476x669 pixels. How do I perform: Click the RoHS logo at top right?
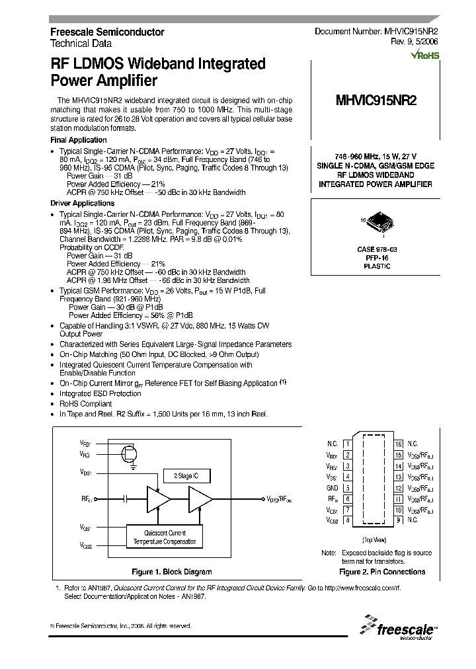tap(424, 56)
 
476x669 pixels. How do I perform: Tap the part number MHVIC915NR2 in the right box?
tap(376, 101)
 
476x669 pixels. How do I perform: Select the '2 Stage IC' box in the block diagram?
tap(190, 475)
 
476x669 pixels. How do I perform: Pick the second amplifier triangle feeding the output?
tap(200, 498)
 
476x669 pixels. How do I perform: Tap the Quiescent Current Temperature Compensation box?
tap(165, 537)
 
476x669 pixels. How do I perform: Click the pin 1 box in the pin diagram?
tap(348, 444)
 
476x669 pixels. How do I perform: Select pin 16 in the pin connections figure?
tap(399, 444)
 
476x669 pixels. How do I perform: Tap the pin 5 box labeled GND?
tap(348, 488)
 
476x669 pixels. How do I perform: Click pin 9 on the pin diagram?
tap(399, 520)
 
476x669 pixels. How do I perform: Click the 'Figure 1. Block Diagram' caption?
tap(172, 572)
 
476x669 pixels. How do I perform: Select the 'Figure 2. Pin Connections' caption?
tap(381, 572)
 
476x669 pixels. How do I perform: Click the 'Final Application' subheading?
tap(79, 140)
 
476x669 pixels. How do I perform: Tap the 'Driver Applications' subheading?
tap(83, 204)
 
